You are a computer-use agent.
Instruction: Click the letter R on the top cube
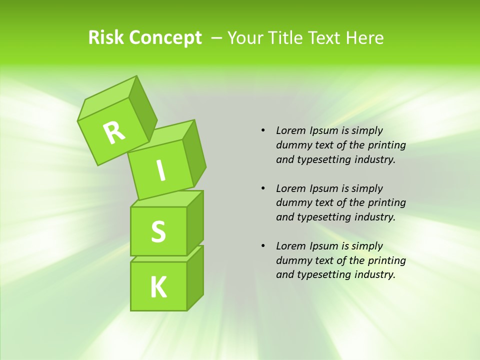point(114,132)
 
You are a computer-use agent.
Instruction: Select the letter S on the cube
point(158,232)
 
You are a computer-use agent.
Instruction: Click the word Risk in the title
point(106,38)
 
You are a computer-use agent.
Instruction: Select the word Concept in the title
point(165,38)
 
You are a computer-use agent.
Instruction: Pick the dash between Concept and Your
point(217,38)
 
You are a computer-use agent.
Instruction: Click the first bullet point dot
point(263,130)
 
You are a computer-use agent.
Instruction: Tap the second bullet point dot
point(263,188)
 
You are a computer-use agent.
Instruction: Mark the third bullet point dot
point(263,246)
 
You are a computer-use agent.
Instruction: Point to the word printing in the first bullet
point(387,145)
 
